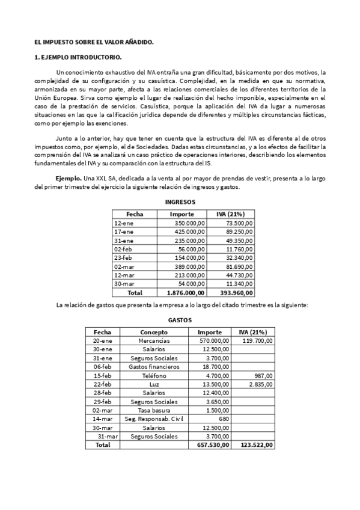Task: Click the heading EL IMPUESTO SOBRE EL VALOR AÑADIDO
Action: pos(94,42)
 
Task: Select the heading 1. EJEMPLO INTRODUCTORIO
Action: pos(78,58)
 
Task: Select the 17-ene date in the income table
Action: pos(123,232)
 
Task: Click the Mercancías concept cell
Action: pos(154,340)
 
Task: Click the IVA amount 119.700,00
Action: pos(257,340)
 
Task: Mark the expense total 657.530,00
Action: pos(210,445)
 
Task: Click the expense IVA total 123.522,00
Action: pos(256,445)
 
